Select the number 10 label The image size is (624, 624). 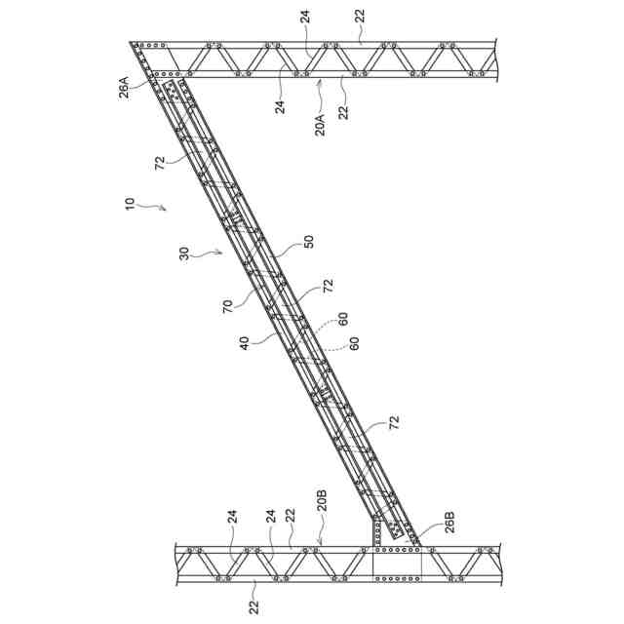(129, 203)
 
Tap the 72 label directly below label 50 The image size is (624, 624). (329, 285)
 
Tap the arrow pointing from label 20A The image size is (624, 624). (320, 91)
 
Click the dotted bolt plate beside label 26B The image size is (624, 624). (397, 529)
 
